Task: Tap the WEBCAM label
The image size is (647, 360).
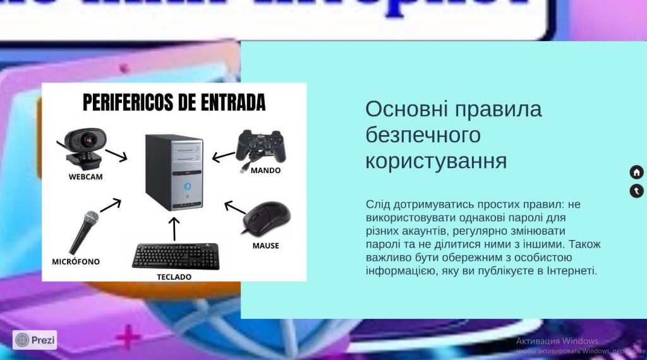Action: pos(85,177)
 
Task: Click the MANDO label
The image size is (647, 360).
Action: pos(265,171)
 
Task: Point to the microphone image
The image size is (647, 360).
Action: pos(83,232)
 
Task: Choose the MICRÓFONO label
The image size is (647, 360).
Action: pos(76,261)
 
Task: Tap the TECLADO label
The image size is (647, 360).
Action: pos(174,277)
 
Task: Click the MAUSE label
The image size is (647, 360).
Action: pos(265,246)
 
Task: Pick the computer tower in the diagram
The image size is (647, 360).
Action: pos(175,172)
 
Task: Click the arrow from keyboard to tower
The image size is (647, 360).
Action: pos(175,229)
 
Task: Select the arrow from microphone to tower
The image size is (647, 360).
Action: pos(111,205)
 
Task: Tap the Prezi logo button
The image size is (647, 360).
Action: pos(35,340)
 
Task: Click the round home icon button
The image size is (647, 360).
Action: pos(636,172)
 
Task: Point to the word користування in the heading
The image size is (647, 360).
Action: pos(436,160)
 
